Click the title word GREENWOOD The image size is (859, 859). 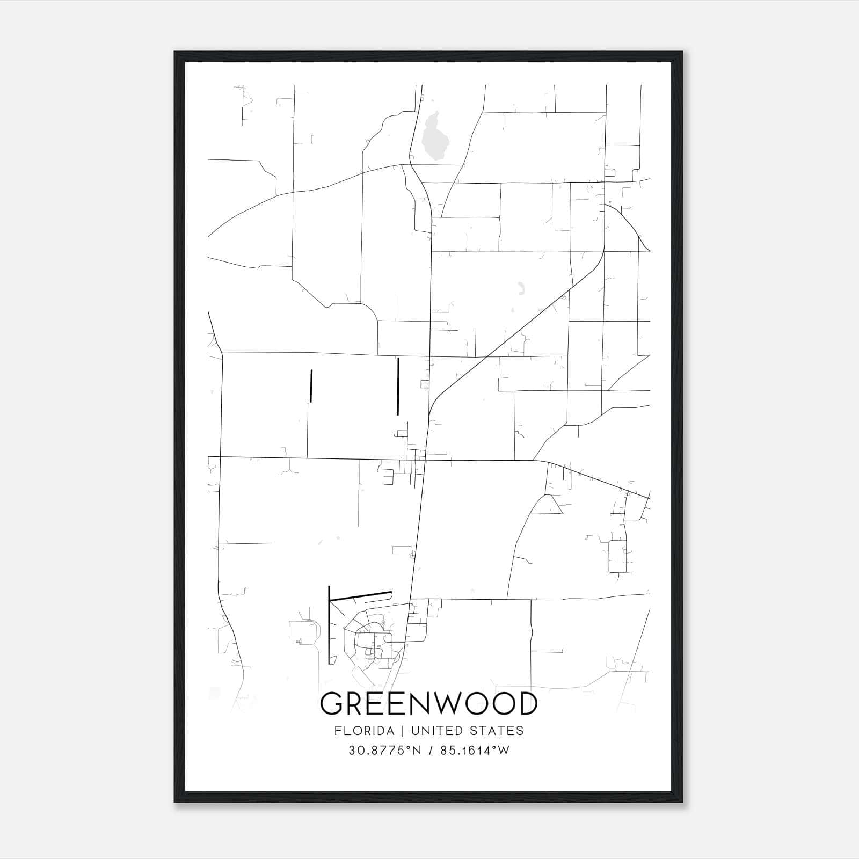tap(428, 703)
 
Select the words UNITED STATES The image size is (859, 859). tap(467, 731)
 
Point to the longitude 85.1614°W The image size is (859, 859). tap(475, 751)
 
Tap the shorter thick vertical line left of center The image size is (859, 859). tap(311, 385)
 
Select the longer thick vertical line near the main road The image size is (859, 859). tap(398, 387)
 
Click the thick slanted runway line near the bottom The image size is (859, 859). tap(360, 596)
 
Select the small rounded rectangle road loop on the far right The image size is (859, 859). tap(617, 557)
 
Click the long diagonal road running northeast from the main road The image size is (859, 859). tap(505, 344)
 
